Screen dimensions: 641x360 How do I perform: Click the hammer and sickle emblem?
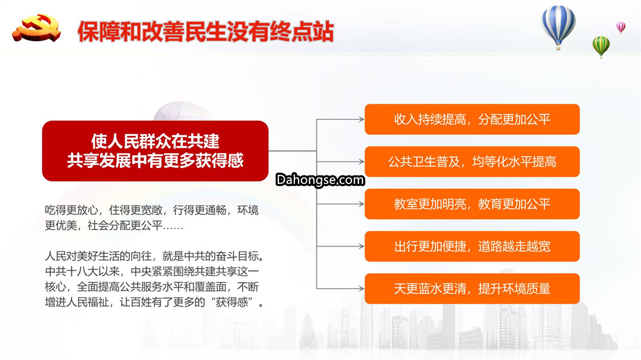[37, 28]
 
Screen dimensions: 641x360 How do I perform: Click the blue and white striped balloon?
[558, 27]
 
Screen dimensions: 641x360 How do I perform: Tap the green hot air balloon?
[601, 47]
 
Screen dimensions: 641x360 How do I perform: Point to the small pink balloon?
[621, 28]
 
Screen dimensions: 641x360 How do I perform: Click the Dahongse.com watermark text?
[320, 180]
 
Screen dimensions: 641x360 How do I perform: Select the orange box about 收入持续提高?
[472, 119]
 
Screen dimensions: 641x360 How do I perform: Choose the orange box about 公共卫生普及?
[472, 162]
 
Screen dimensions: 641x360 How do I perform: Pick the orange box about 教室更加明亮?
[472, 204]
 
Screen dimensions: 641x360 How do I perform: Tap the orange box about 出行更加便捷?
[472, 246]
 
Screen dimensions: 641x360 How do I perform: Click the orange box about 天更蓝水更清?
[472, 288]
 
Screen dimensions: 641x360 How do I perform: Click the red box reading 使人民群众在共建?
[156, 151]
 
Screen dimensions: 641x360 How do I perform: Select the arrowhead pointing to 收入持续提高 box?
[361, 119]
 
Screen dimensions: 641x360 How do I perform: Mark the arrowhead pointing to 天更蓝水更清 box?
[361, 288]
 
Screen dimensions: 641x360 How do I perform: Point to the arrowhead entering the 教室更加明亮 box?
[361, 204]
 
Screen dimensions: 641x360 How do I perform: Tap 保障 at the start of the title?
[99, 31]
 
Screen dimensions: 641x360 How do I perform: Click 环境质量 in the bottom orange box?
[530, 289]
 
